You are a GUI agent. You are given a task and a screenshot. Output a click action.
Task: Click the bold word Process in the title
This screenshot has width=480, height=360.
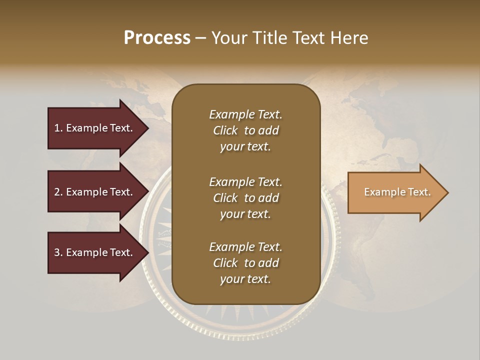click(x=157, y=37)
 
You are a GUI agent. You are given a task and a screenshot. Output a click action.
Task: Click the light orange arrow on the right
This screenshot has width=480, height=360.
click(x=395, y=192)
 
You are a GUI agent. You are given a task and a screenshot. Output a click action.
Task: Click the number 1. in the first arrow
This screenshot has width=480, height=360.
click(x=58, y=128)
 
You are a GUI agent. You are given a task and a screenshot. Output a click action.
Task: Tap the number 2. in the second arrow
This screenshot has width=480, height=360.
click(x=58, y=192)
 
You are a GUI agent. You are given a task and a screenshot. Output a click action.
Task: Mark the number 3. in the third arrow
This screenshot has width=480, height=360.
click(x=58, y=252)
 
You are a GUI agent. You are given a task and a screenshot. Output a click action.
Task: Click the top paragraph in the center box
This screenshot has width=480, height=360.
click(x=245, y=130)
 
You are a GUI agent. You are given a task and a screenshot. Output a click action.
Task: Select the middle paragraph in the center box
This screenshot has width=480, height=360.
click(x=245, y=198)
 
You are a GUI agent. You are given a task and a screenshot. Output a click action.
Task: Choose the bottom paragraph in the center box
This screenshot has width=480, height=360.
click(x=245, y=263)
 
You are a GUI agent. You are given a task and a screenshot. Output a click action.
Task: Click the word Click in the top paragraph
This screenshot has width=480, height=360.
click(x=225, y=130)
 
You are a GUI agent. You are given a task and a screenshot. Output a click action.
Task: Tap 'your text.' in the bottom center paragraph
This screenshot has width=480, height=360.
click(x=245, y=279)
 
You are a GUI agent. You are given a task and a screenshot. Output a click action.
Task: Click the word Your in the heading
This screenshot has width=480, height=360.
click(x=228, y=37)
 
